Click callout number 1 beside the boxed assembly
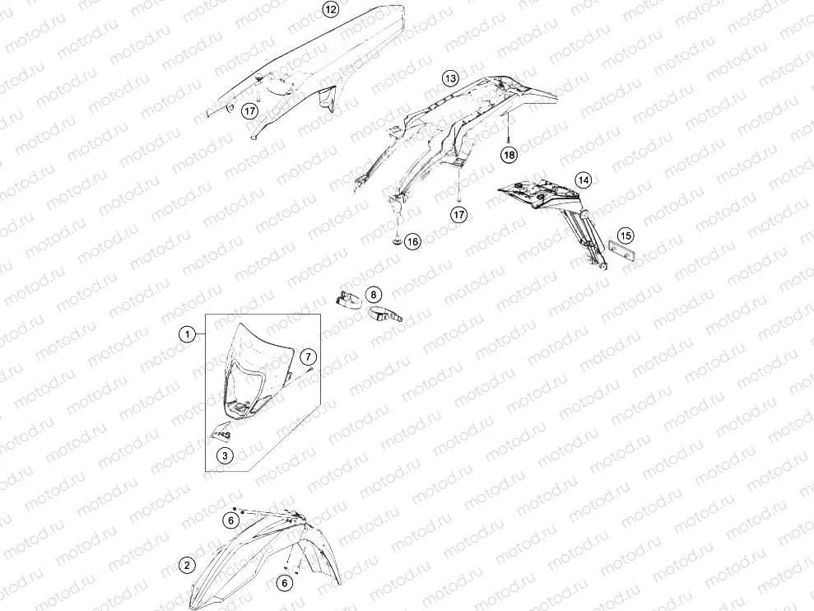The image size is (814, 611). (188, 334)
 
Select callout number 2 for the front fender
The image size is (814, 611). (188, 565)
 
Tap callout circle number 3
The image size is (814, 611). (225, 456)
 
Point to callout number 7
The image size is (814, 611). (309, 357)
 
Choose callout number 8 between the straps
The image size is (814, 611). (374, 295)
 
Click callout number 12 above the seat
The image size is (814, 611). (330, 9)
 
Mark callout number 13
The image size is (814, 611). (450, 78)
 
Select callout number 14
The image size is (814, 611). (584, 180)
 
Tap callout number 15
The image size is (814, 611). (626, 236)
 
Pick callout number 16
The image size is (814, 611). (412, 241)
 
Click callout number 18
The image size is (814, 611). (509, 154)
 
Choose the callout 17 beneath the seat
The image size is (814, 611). (250, 110)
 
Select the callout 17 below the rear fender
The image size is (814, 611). (459, 214)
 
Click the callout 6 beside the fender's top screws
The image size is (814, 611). (231, 520)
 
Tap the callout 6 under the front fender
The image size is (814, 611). (285, 584)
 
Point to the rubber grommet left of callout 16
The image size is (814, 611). (397, 241)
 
